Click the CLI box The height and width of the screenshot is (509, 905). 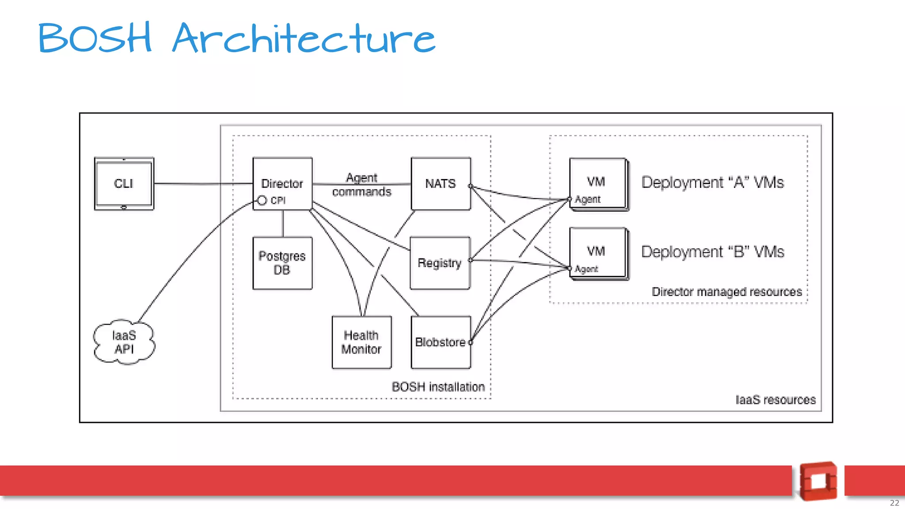pos(124,183)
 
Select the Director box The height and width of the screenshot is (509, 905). pos(282,183)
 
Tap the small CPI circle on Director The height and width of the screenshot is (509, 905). pos(262,201)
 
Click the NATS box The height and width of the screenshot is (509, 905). pos(441,183)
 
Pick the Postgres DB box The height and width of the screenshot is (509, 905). pos(282,263)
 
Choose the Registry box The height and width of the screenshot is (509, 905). pos(440,263)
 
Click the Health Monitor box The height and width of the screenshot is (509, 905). pos(361,342)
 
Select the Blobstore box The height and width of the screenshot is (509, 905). pos(441,342)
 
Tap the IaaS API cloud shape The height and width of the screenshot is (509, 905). pos(124,342)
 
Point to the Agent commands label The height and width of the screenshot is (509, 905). pos(361,185)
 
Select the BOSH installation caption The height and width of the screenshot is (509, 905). pos(438,387)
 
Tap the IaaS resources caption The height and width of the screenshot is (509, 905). pos(775,400)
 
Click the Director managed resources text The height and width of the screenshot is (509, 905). pos(726,292)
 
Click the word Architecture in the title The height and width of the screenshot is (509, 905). pos(304,38)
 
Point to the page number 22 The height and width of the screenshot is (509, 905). pos(894,503)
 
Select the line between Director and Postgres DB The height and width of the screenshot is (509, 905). pos(283,224)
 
